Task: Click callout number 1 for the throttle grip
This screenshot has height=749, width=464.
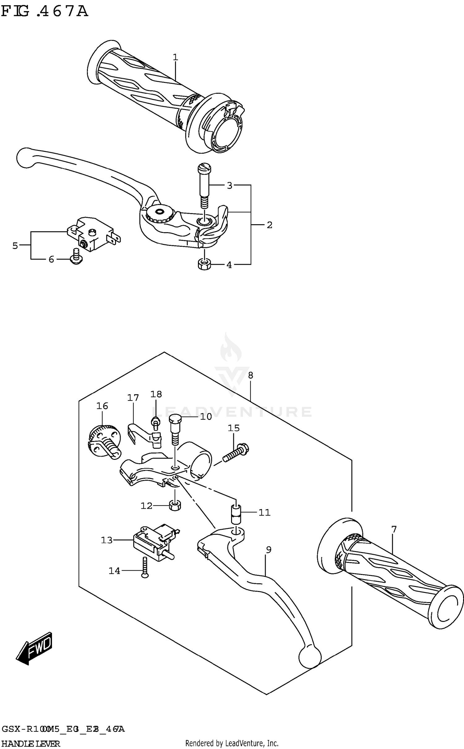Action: tap(175, 57)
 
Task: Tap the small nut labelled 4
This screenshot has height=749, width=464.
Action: tap(204, 264)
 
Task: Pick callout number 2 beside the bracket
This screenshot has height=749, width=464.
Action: tap(269, 225)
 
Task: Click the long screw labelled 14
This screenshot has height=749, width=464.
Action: tap(145, 567)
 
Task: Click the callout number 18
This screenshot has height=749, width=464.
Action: tap(156, 394)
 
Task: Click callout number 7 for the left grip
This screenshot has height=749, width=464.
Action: tap(393, 529)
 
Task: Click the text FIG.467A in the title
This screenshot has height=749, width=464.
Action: tap(45, 12)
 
